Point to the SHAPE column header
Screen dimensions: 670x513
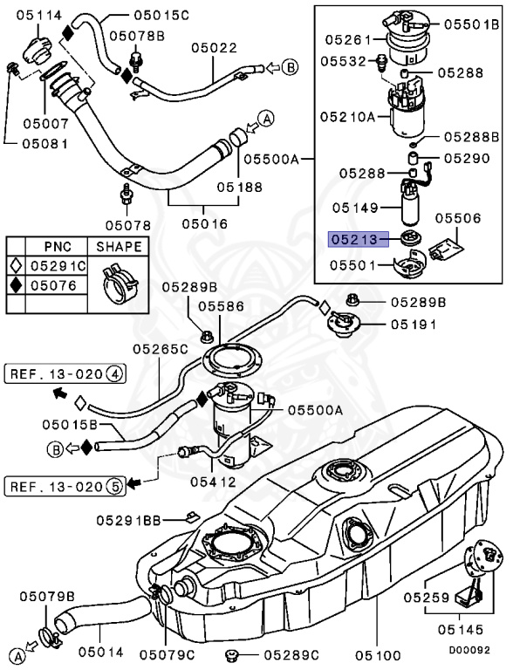[x=119, y=247]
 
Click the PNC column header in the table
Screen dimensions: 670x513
[x=58, y=247]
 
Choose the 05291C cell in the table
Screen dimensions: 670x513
[x=59, y=266]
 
